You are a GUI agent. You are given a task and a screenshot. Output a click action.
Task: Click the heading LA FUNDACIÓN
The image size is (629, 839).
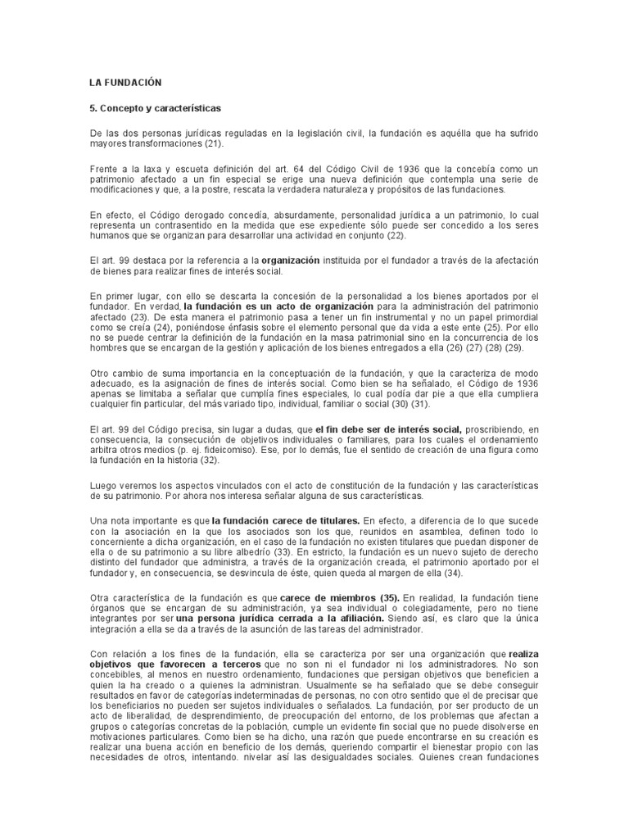(x=125, y=83)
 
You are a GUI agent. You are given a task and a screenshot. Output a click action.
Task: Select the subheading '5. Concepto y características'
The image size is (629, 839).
(x=156, y=108)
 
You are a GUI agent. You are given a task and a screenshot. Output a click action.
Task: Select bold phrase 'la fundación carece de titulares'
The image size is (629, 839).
(x=286, y=520)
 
